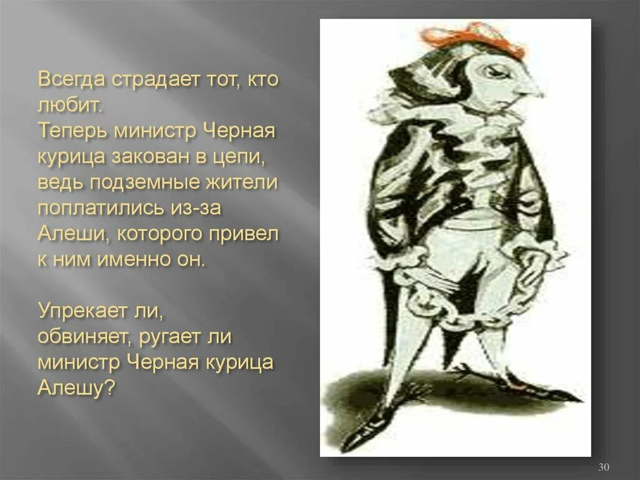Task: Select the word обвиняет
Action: point(82,337)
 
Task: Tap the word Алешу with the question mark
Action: point(76,388)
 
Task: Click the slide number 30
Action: point(604,467)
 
